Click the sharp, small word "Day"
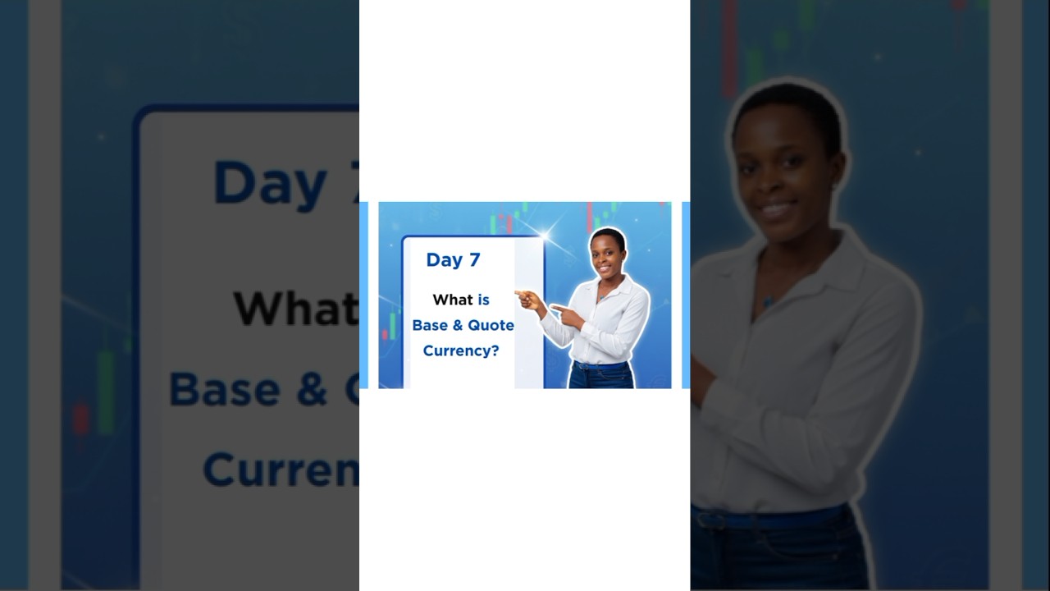coord(443,260)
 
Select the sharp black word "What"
coord(453,300)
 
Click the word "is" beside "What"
coord(483,300)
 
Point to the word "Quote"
coord(491,325)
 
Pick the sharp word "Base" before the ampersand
coord(430,325)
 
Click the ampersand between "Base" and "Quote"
coord(458,325)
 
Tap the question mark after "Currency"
coord(495,350)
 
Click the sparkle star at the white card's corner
coord(544,236)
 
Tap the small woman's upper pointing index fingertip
coord(517,293)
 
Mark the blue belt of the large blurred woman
coord(771,519)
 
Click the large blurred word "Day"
coord(271,182)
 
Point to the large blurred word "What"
coord(295,308)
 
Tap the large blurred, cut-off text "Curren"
coord(279,470)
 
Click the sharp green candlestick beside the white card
coord(392,325)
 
